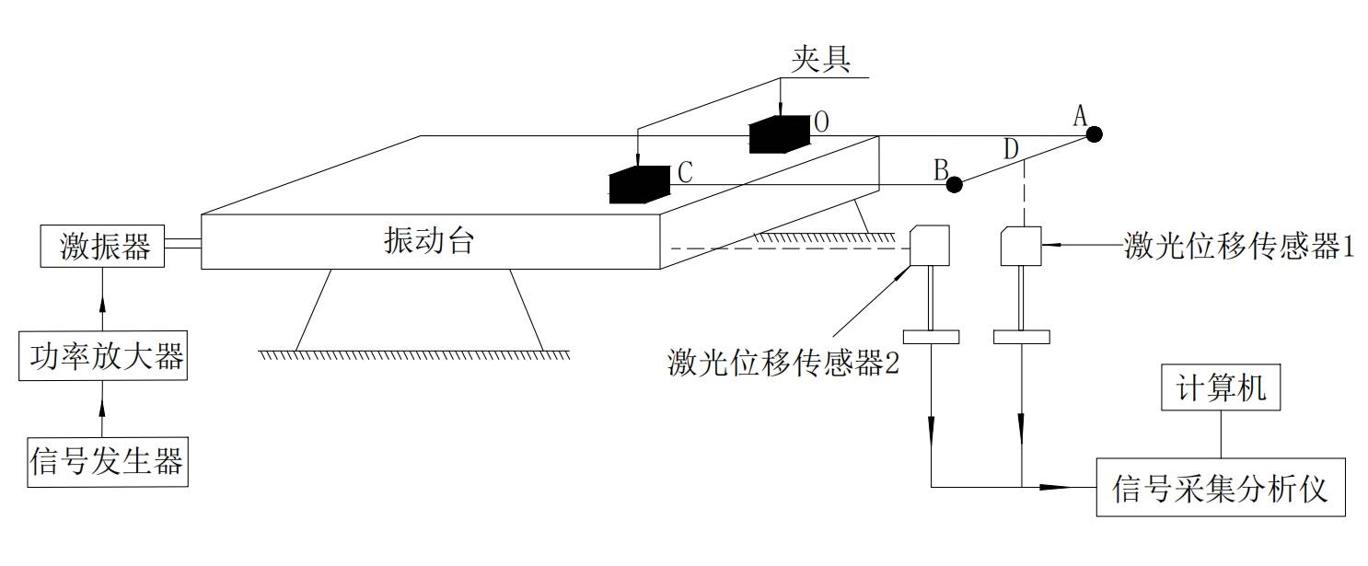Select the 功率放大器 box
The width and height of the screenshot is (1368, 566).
pyautogui.click(x=102, y=357)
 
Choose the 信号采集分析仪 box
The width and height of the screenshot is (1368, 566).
pyautogui.click(x=1220, y=487)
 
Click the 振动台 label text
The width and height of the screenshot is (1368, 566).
pyautogui.click(x=429, y=241)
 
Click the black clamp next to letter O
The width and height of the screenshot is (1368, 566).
pyautogui.click(x=779, y=135)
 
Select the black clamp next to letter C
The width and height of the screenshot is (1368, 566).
pyautogui.click(x=639, y=184)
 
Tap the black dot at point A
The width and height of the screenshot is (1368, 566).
pyautogui.click(x=1093, y=134)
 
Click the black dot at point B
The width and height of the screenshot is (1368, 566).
pyautogui.click(x=955, y=184)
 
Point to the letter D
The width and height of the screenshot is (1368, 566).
pyautogui.click(x=1011, y=148)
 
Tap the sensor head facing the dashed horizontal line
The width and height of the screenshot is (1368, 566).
pyautogui.click(x=929, y=246)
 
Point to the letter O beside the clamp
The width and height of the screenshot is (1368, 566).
pyautogui.click(x=821, y=122)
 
